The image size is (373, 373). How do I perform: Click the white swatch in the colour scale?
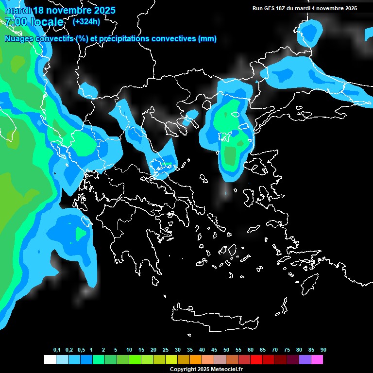click(x=50, y=360)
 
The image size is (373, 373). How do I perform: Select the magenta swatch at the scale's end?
click(x=317, y=360)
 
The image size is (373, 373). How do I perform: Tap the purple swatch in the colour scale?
click(x=305, y=360)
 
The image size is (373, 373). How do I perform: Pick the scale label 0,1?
click(x=57, y=350)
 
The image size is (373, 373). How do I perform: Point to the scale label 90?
click(x=323, y=350)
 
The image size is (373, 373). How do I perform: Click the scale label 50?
click(x=226, y=350)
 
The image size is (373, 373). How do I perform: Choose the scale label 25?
click(x=166, y=350)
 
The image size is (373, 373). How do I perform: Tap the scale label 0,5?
click(x=81, y=350)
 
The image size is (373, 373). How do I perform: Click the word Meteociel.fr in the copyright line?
click(x=226, y=370)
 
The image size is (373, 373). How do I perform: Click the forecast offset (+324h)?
click(x=86, y=21)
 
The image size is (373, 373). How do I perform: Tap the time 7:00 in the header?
click(x=16, y=22)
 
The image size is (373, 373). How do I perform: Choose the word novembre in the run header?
click(x=330, y=8)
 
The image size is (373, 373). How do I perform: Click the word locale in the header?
click(x=47, y=22)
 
